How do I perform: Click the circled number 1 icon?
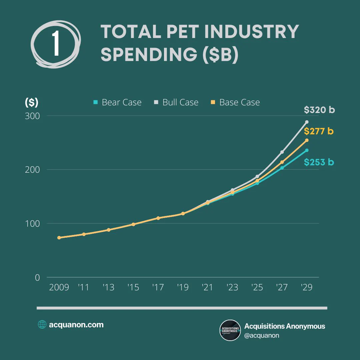pos(56,44)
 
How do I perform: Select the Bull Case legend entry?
pos(176,102)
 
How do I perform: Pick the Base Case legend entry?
pos(235,102)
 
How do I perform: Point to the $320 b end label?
pos(319,110)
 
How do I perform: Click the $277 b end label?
pos(319,131)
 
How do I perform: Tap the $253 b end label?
pos(319,162)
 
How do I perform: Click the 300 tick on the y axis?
pos(32,116)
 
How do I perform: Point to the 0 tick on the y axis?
pos(37,278)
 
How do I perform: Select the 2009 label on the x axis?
pos(59,287)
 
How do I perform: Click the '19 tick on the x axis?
pos(183,287)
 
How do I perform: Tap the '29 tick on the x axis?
pos(307,287)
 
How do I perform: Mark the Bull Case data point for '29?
pos(307,122)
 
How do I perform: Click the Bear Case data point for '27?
pos(282,168)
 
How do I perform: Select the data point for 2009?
pos(59,238)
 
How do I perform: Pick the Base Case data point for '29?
pos(307,140)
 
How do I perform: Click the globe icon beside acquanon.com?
pos(42,324)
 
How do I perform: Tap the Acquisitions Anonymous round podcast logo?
pos(230,330)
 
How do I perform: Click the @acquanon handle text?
pos(262,335)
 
